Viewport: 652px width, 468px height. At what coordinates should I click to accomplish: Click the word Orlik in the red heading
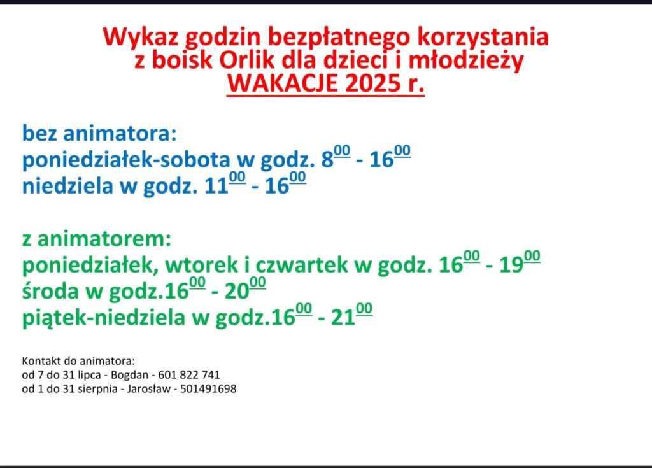tap(247, 60)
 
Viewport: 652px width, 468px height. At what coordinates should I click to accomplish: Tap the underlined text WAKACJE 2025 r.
tap(325, 83)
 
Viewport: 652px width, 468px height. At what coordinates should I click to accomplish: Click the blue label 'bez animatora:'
tap(99, 133)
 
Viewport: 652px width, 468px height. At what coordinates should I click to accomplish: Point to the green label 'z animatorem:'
tap(97, 239)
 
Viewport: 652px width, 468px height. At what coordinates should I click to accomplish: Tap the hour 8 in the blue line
tap(327, 160)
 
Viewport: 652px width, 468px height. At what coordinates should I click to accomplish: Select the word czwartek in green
tap(301, 265)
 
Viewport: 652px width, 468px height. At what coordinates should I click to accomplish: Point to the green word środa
tap(50, 291)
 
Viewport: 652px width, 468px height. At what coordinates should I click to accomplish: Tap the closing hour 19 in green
tap(511, 265)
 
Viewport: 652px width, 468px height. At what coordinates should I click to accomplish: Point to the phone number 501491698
tap(208, 389)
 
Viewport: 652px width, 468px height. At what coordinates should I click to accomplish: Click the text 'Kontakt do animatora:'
tap(78, 360)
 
